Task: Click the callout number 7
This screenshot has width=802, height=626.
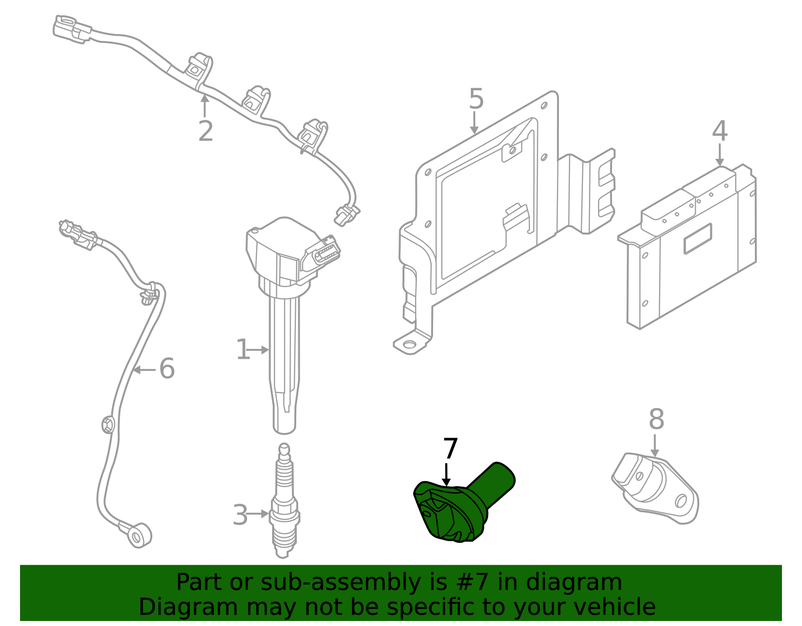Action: coord(450,449)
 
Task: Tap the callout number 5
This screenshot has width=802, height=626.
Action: coord(476,99)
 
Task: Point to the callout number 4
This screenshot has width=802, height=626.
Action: coord(720,131)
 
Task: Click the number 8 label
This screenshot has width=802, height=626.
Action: coord(656,420)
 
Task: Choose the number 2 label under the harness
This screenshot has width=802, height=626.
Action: coord(206,131)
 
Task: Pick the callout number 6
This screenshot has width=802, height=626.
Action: coord(167,369)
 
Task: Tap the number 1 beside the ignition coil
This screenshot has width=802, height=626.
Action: coord(243,349)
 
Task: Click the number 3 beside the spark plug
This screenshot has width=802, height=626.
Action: coord(240,515)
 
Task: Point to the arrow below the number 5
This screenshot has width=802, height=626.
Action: coord(474,123)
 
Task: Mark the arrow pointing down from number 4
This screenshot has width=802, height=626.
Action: coord(720,155)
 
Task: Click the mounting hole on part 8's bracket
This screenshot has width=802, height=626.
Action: coord(681,500)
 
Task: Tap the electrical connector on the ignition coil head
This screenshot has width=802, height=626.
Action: coord(321,255)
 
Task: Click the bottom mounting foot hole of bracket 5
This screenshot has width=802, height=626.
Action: coord(410,344)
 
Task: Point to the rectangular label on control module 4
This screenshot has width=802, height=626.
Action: coord(697,239)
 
